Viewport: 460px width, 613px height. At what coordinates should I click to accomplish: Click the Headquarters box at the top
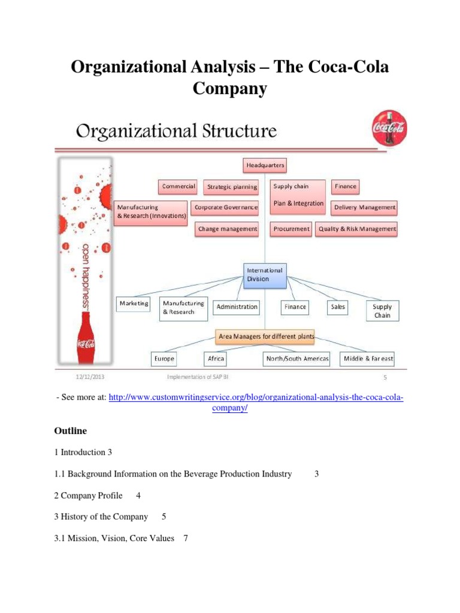(x=265, y=165)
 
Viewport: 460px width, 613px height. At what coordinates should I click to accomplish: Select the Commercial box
(x=178, y=186)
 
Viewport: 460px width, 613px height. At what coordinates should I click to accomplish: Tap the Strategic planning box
(x=231, y=187)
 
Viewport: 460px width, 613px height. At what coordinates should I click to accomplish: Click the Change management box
(x=227, y=229)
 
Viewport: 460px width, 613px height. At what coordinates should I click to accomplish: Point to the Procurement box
(x=291, y=229)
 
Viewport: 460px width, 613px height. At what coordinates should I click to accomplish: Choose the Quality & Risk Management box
(x=357, y=229)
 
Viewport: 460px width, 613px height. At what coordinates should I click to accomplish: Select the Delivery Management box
(x=365, y=208)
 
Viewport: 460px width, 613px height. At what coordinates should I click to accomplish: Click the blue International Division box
(x=265, y=274)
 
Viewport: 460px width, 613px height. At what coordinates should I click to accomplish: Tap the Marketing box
(x=134, y=304)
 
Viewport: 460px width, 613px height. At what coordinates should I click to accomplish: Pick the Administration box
(x=237, y=306)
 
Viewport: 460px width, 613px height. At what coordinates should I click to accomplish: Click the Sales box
(x=338, y=306)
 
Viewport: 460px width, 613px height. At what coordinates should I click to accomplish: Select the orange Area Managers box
(x=266, y=336)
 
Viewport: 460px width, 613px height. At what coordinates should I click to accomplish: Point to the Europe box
(x=164, y=359)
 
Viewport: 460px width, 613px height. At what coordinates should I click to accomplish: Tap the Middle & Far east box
(x=368, y=359)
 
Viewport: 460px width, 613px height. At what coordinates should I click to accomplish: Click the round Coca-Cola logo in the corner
(x=389, y=128)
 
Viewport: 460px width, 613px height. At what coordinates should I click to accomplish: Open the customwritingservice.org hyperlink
(x=256, y=398)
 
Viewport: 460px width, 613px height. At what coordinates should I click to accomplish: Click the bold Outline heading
(x=70, y=431)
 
